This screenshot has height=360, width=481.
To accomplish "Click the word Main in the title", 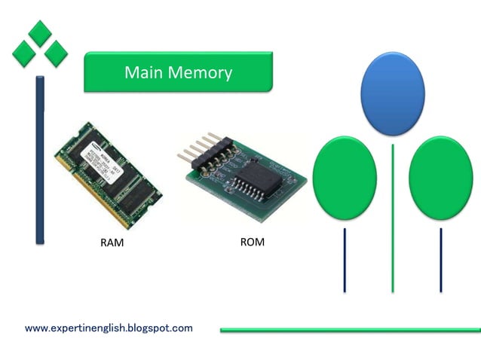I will click(142, 72).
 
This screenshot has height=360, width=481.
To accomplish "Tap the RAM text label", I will click(112, 243).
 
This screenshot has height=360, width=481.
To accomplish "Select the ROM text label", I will click(252, 243).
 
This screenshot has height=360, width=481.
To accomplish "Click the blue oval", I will click(393, 93).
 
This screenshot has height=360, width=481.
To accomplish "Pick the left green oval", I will click(345, 178).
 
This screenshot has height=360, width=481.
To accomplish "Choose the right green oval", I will click(440, 178).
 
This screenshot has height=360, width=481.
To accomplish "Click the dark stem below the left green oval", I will click(345, 260).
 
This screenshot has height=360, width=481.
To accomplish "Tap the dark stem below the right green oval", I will click(440, 260).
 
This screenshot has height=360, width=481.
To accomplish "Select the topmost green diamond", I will click(40, 32).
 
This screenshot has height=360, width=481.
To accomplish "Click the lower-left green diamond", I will click(24, 52).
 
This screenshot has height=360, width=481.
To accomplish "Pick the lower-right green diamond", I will click(56, 52).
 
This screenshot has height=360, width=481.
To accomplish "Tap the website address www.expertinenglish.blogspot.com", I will click(109, 328).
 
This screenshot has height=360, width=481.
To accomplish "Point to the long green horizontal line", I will click(350, 329).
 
